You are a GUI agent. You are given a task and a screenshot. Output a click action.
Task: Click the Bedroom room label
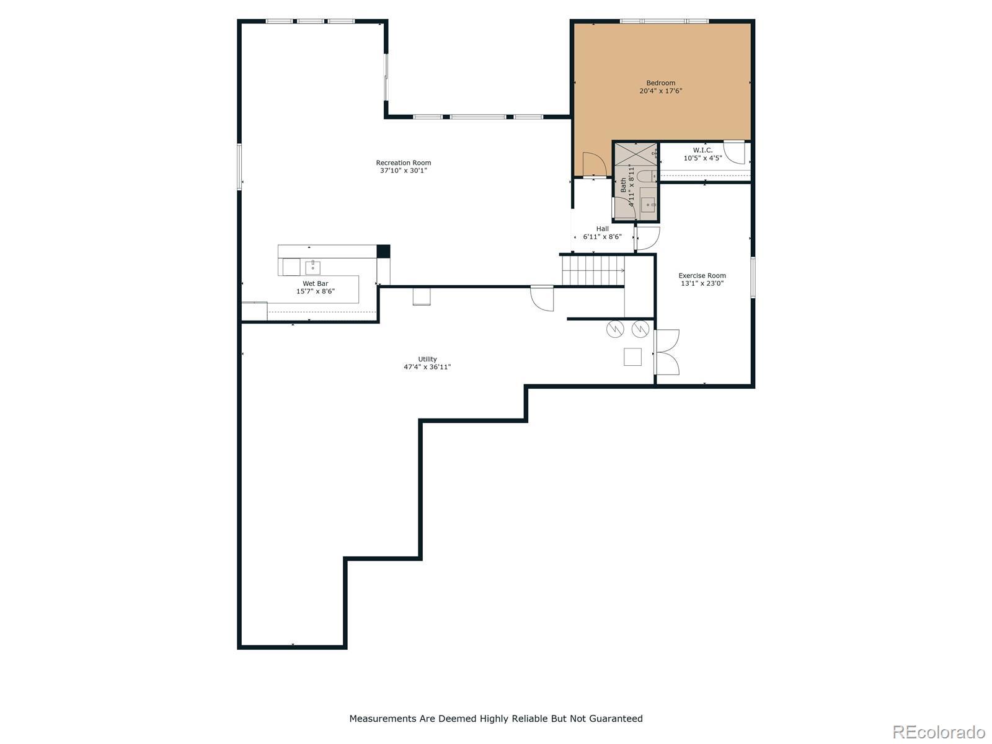pyautogui.click(x=660, y=83)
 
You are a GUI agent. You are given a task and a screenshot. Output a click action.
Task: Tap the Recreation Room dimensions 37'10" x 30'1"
pyautogui.click(x=403, y=170)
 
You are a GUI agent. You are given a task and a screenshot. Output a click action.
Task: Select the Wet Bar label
pyautogui.click(x=315, y=284)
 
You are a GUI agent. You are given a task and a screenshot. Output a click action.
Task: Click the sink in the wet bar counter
pyautogui.click(x=312, y=267)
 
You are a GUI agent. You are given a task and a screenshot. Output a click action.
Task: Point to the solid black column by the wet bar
pyautogui.click(x=383, y=251)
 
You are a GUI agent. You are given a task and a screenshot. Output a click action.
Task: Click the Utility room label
pyautogui.click(x=427, y=359)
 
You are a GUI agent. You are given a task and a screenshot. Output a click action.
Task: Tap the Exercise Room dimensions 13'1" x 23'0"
pyautogui.click(x=702, y=283)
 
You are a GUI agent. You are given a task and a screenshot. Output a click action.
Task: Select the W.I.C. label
pyautogui.click(x=702, y=150)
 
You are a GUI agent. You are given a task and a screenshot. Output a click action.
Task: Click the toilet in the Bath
pyautogui.click(x=647, y=176)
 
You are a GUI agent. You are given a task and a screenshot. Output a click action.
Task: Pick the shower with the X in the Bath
pyautogui.click(x=635, y=154)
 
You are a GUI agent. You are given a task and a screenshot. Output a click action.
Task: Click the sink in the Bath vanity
pyautogui.click(x=649, y=205)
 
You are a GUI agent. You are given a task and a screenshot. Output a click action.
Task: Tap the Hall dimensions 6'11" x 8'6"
pyautogui.click(x=602, y=237)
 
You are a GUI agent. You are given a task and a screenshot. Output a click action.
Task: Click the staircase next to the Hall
pyautogui.click(x=593, y=270)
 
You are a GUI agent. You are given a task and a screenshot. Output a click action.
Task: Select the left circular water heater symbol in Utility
pyautogui.click(x=614, y=329)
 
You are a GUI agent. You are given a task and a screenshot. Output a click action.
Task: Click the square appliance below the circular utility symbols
pyautogui.click(x=632, y=357)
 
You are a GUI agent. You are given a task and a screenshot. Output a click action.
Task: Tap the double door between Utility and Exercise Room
pyautogui.click(x=667, y=352)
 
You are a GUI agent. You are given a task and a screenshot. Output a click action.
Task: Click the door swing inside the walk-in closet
pyautogui.click(x=734, y=153)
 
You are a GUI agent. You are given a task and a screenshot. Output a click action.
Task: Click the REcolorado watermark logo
pyautogui.click(x=939, y=732)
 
